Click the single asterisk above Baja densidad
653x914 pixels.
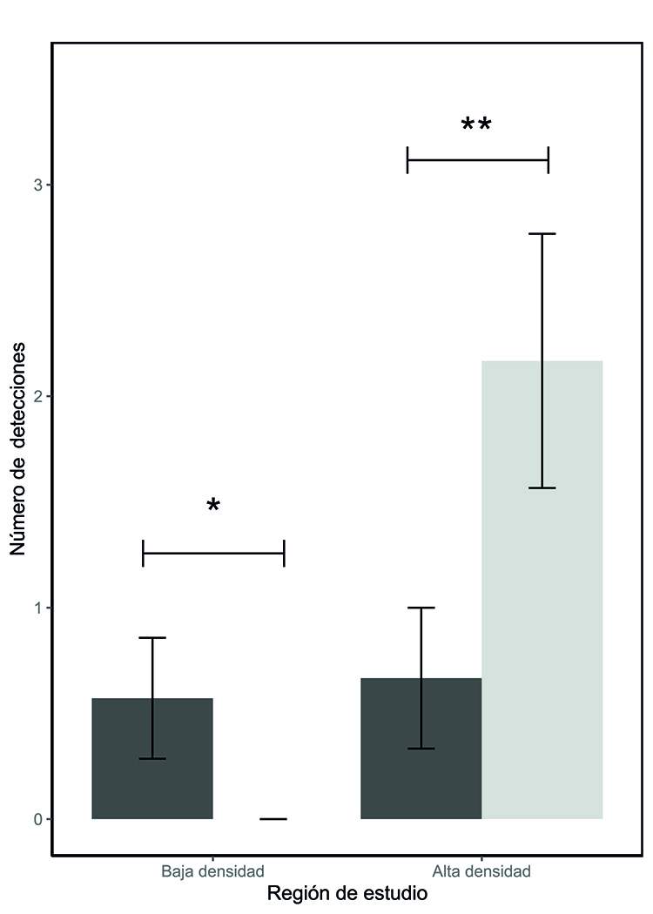(x=213, y=506)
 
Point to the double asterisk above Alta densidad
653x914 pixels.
(x=476, y=125)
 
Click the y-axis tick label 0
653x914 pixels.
(x=37, y=819)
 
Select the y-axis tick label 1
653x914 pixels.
(x=37, y=608)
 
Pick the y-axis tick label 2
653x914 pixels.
(x=37, y=396)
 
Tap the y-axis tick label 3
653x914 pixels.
(x=37, y=185)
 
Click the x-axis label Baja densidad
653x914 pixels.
(x=212, y=870)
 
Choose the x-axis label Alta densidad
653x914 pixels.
(x=481, y=870)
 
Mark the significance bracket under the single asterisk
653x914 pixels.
(x=213, y=553)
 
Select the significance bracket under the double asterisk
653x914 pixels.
(x=478, y=160)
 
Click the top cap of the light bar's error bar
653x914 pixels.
(x=542, y=234)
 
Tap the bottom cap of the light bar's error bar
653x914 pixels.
(x=542, y=488)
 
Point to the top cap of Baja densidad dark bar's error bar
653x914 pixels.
(x=152, y=638)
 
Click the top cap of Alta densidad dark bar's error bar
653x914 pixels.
(x=421, y=608)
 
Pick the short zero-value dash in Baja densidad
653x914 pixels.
(x=273, y=819)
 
